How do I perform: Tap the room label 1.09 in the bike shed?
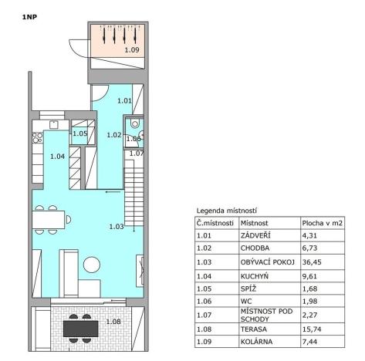[x=132, y=51]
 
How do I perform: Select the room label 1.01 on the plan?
[x=124, y=100]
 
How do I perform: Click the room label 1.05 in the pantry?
[x=79, y=133]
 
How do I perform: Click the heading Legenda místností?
[x=227, y=210]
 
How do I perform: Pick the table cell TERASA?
[x=254, y=327]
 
